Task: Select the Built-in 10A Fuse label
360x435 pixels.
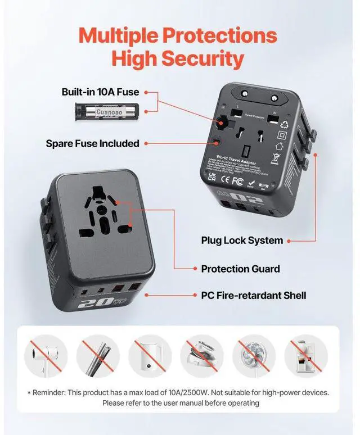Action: click(100, 92)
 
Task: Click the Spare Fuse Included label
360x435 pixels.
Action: click(92, 143)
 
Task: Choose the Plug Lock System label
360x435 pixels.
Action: click(242, 241)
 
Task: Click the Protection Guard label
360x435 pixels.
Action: click(241, 269)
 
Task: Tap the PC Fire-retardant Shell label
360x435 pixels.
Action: click(253, 295)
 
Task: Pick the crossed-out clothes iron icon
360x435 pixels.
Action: click(202, 356)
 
